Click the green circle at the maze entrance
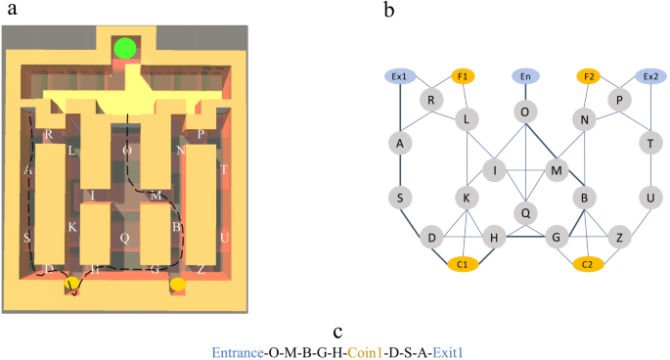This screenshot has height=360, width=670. [x=125, y=49]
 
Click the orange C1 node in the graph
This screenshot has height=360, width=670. [x=463, y=262]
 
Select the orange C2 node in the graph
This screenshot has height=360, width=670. [x=588, y=262]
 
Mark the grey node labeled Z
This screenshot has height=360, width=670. [x=619, y=238]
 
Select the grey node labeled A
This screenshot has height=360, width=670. [x=400, y=143]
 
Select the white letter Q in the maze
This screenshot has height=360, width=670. [x=124, y=237]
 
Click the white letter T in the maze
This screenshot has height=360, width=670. [x=224, y=169]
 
